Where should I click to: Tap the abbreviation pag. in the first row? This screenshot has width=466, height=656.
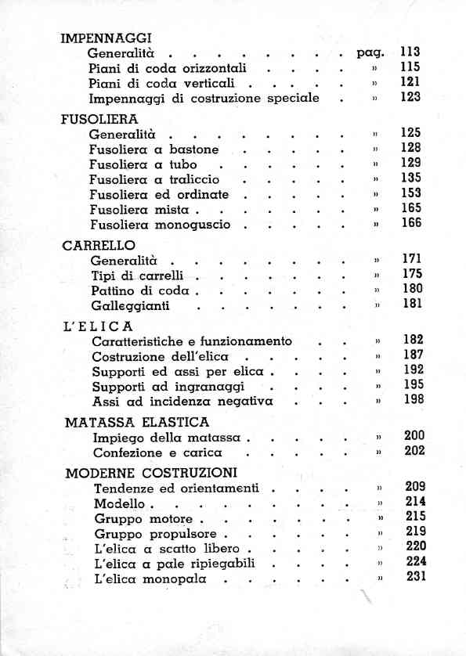[369, 53]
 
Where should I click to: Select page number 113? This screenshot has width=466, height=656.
[410, 52]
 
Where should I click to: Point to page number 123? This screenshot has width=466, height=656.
[410, 97]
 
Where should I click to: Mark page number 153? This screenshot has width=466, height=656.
[410, 193]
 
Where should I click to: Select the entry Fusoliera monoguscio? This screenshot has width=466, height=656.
[160, 224]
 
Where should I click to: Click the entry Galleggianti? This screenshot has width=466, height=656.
[130, 306]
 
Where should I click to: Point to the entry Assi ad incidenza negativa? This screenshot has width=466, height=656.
[182, 402]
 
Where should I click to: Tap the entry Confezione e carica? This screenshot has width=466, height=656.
[157, 452]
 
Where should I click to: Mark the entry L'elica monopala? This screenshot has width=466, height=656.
[149, 579]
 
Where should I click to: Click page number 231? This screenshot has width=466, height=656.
[415, 578]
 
